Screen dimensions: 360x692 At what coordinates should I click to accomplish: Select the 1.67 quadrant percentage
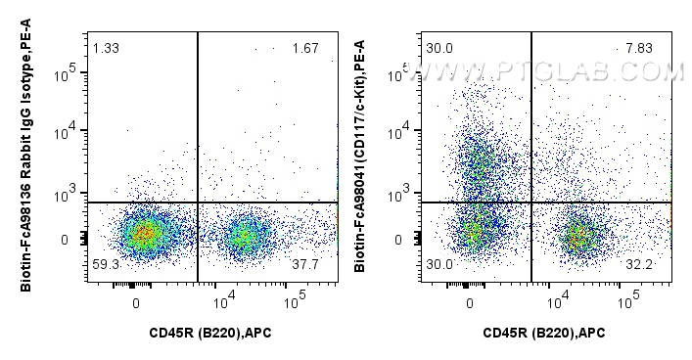click(305, 48)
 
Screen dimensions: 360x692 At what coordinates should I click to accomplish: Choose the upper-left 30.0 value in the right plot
click(439, 48)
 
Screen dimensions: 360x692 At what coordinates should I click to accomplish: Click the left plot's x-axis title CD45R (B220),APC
click(210, 335)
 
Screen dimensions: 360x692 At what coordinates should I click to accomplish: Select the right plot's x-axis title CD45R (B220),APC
click(544, 335)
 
